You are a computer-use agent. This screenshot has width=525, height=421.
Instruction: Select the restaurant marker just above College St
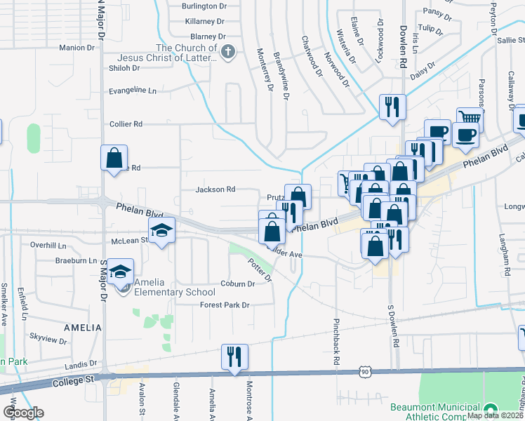[x=233, y=356]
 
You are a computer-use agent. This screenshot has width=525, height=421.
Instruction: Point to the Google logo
[x=22, y=413]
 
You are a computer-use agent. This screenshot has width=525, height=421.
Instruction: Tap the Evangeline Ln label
[x=132, y=91]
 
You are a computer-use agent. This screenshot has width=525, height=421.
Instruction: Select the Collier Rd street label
[x=126, y=123]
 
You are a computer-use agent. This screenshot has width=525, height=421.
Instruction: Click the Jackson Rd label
[x=215, y=189]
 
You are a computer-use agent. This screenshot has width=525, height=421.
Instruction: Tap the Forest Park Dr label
[x=225, y=305]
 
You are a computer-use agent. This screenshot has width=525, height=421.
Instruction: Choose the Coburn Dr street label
[x=237, y=284]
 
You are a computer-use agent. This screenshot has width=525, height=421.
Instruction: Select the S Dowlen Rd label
[x=392, y=328]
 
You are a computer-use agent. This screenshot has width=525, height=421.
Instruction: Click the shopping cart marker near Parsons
[x=469, y=120]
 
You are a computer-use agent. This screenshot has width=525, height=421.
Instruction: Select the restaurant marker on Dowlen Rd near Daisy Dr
[x=391, y=106]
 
